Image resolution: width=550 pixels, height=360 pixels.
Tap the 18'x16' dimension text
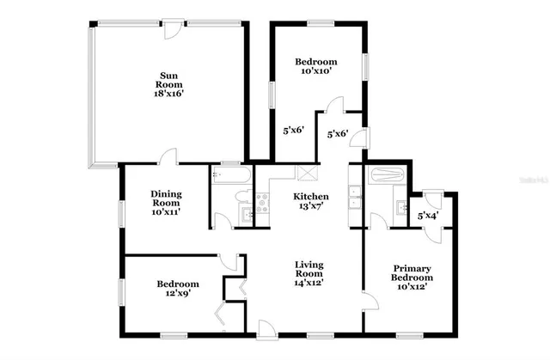168,95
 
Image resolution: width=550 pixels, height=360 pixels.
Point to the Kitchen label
311,197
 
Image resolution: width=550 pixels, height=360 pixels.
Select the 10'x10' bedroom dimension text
316,72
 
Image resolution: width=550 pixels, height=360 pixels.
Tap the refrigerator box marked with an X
305,170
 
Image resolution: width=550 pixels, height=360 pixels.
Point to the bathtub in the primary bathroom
385,178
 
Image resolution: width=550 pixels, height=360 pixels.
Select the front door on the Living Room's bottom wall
267,327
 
